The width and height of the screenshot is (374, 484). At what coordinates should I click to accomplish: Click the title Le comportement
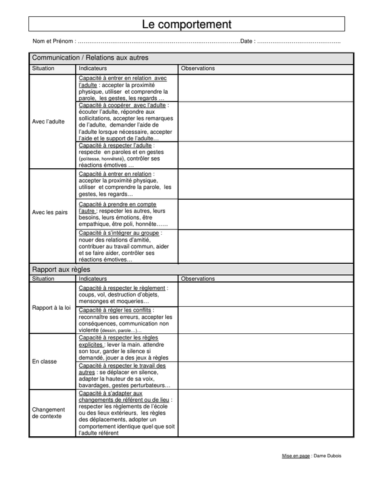(186, 24)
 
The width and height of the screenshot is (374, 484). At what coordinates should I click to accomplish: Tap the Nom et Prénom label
(54, 42)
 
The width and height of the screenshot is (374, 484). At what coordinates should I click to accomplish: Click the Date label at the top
(247, 42)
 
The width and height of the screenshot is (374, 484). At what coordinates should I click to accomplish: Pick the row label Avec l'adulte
(48, 122)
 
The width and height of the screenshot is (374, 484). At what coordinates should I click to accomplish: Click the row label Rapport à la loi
(51, 307)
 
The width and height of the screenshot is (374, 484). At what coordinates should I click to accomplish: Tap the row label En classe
(44, 361)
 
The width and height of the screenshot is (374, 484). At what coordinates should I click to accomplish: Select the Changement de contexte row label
(48, 413)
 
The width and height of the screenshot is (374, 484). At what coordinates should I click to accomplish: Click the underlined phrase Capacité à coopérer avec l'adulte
(123, 105)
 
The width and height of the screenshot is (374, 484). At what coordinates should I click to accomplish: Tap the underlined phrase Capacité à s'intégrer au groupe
(119, 232)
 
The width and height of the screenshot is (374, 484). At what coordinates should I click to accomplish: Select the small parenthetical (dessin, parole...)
(121, 330)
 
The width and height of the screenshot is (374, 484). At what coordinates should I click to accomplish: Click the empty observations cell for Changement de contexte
(265, 413)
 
